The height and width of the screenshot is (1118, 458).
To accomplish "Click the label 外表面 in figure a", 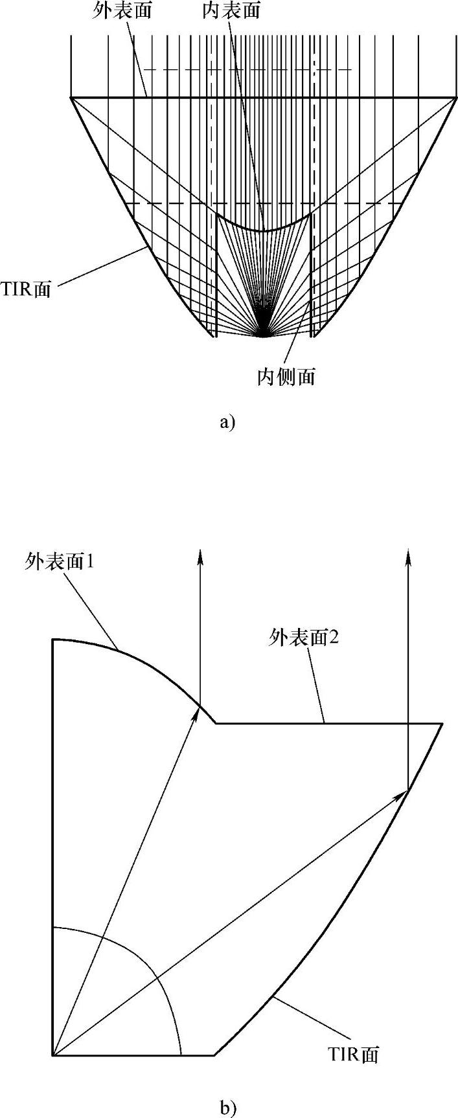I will pos(122,12).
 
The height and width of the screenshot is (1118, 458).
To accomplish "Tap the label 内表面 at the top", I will pos(231,12).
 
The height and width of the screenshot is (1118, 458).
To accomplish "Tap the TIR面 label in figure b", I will pos(352,1055).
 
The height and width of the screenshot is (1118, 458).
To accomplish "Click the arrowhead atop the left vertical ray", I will pos(200,556).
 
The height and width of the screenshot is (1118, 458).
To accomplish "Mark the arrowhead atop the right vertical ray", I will pos(408,556).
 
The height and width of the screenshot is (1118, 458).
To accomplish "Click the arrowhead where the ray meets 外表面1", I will pos(198,713).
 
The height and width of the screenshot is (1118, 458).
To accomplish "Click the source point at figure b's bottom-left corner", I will pos(53,1056).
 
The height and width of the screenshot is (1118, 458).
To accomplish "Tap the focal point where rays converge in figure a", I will pos(263,335).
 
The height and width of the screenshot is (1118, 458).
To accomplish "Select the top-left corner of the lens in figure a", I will pos(71,98).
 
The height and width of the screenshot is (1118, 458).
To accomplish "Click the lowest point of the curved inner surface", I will pos(263,230).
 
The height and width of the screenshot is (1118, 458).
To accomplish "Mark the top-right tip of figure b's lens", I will pos(442,724).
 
